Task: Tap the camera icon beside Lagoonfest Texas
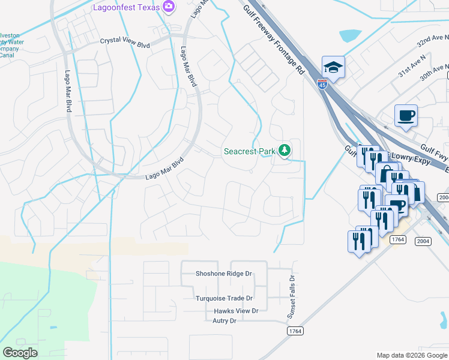(169, 7)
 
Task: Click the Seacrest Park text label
(249, 152)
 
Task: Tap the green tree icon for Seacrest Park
(285, 151)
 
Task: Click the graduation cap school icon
(333, 67)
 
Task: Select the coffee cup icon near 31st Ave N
(406, 115)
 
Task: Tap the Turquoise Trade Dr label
(224, 298)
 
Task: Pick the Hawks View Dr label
(236, 311)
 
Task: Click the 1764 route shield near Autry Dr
(295, 331)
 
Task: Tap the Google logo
(20, 352)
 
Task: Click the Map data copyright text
(411, 355)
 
